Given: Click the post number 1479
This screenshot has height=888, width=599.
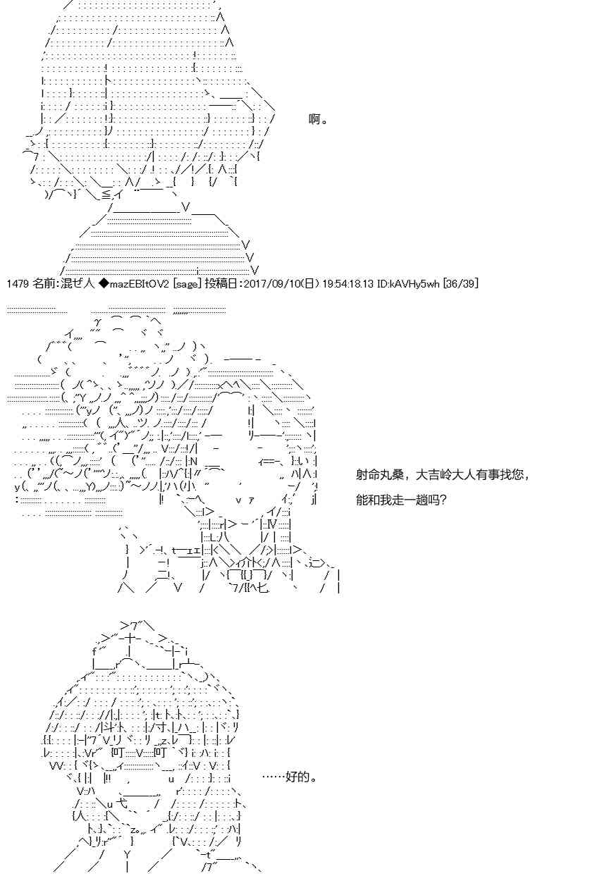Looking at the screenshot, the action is pos(18,284).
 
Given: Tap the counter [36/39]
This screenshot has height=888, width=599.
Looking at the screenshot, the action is pos(461,284).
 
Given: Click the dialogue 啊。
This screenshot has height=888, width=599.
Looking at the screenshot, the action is pos(318,119).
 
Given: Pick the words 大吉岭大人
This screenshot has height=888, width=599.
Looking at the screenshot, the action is pos(445,474).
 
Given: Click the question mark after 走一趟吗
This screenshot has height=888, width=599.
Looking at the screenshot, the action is pos(443,500).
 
